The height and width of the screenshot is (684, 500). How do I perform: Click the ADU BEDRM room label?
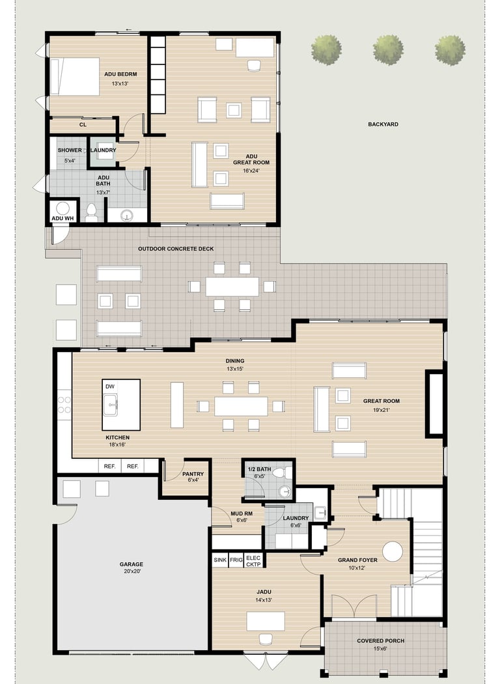click(x=120, y=74)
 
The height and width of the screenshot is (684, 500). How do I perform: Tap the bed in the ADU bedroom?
click(x=75, y=76)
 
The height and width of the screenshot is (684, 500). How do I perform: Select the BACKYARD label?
click(x=383, y=124)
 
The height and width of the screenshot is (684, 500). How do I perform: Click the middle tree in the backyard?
click(x=388, y=49)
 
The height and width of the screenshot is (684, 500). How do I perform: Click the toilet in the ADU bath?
click(x=91, y=212)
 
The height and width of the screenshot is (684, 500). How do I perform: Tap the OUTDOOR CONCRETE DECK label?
click(x=176, y=249)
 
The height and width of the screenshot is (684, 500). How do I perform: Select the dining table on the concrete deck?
click(x=232, y=286)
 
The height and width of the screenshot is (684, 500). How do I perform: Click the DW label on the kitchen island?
click(x=110, y=387)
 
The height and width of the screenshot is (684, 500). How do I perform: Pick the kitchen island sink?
click(x=111, y=405)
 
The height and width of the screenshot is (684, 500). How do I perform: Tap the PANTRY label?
click(x=193, y=474)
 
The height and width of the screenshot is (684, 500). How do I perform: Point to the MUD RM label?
click(x=242, y=514)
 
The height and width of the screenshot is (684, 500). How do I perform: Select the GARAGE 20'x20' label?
click(x=132, y=568)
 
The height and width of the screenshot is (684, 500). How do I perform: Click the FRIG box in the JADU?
click(x=236, y=560)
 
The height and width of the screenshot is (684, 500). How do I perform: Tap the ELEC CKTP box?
click(x=253, y=561)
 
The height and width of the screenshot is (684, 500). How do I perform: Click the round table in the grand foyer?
click(x=392, y=551)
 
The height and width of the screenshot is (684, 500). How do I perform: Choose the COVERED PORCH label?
click(x=380, y=641)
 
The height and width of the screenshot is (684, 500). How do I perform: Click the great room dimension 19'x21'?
click(x=382, y=410)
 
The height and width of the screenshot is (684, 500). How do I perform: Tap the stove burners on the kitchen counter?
click(x=64, y=404)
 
